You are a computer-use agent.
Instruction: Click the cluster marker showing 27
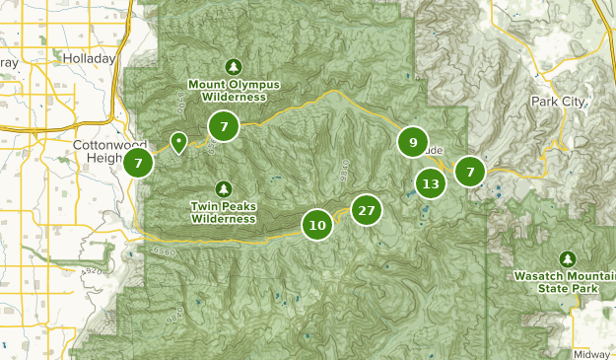click(x=367, y=210)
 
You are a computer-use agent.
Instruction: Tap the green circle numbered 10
click(x=317, y=225)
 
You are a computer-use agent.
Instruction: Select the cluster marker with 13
click(x=430, y=182)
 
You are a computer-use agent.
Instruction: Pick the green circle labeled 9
click(x=412, y=142)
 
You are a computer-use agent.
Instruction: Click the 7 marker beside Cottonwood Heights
click(x=139, y=163)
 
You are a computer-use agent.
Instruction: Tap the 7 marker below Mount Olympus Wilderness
click(x=225, y=126)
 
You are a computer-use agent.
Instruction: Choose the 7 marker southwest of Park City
click(x=471, y=173)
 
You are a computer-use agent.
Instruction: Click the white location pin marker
click(x=178, y=142)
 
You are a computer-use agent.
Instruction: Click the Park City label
click(x=558, y=102)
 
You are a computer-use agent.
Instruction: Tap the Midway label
click(x=591, y=353)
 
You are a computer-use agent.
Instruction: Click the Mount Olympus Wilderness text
click(x=234, y=91)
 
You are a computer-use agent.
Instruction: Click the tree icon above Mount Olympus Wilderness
click(x=234, y=67)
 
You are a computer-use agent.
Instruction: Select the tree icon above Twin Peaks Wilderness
click(x=224, y=188)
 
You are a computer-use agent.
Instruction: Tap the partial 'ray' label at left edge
click(x=9, y=62)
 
